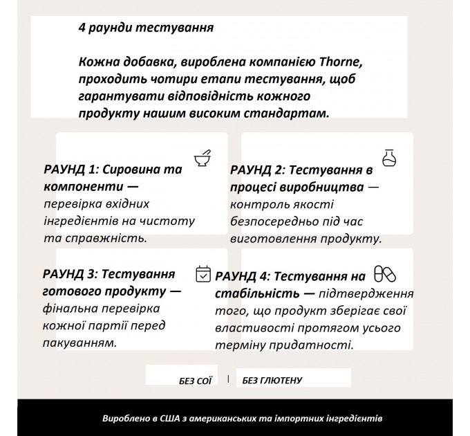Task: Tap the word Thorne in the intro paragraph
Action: tap(342, 62)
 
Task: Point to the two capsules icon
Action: tap(384, 273)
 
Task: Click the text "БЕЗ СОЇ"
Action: tap(195, 381)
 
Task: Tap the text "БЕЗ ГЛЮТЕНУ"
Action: tap(272, 381)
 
